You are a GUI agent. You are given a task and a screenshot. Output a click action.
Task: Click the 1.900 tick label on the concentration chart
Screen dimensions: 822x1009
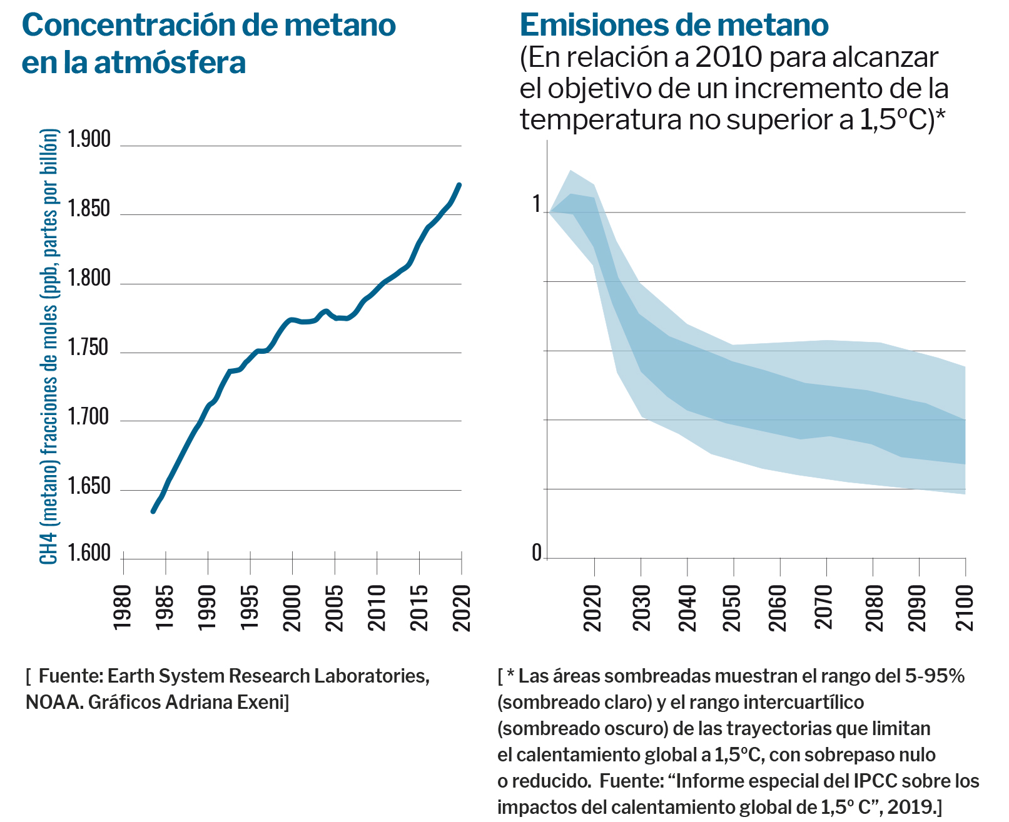(x=89, y=139)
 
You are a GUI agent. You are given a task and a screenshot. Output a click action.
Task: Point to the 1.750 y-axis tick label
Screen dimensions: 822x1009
(x=89, y=348)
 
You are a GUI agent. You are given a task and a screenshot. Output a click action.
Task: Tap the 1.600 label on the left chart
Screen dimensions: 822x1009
(x=89, y=554)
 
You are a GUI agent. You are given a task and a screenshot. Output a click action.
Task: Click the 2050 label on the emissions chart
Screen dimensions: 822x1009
(x=732, y=607)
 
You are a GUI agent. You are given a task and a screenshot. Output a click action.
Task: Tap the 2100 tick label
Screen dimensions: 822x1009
(x=965, y=607)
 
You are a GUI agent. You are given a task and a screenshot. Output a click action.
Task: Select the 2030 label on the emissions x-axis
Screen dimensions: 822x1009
(x=641, y=607)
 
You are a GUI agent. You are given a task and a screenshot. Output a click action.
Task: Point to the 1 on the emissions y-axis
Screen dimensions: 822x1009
(x=537, y=204)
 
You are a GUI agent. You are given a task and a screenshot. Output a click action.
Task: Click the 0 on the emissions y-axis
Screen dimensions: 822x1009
(x=537, y=553)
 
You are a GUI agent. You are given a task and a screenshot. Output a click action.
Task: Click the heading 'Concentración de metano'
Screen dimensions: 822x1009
(x=209, y=25)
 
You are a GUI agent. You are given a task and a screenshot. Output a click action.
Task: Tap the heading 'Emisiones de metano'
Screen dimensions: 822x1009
(x=674, y=25)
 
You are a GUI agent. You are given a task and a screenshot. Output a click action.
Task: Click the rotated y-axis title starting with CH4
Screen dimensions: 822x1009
(x=49, y=347)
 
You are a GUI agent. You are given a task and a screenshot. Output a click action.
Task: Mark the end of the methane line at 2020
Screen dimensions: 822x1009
(x=460, y=184)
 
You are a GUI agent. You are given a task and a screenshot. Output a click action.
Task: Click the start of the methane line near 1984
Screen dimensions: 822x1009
(x=153, y=511)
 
